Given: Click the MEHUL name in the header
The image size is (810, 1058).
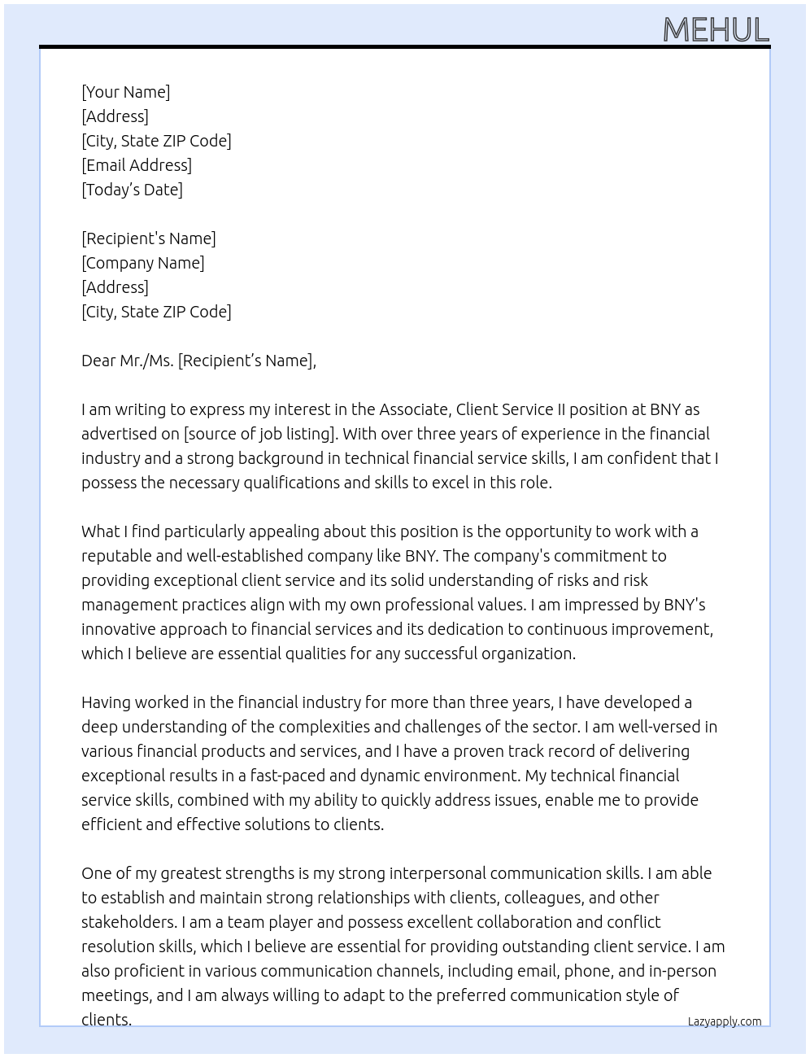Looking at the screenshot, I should click(716, 30).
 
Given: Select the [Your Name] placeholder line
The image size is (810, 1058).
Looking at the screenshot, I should click(126, 92).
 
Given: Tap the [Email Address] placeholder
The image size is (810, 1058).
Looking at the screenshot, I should click(137, 165).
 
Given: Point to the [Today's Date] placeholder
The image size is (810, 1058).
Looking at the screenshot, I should click(132, 190).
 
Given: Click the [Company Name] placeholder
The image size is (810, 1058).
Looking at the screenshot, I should click(143, 263).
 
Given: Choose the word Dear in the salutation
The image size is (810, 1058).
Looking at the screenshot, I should click(98, 361).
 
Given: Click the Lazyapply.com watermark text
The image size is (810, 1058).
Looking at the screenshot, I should click(725, 1021).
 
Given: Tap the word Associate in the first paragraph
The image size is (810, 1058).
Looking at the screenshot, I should click(414, 409).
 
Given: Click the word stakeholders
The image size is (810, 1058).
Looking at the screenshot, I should click(128, 922).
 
